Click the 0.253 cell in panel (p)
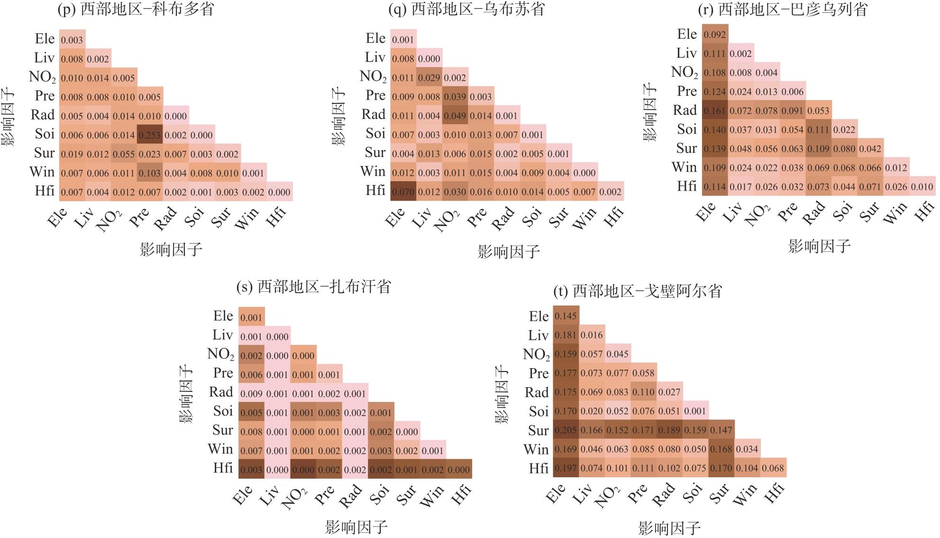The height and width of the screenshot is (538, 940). coord(150,135)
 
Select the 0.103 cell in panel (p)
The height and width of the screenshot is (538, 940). coord(150,173)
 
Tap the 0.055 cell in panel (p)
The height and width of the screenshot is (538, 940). coord(124,154)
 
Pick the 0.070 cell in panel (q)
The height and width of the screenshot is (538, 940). coord(403,192)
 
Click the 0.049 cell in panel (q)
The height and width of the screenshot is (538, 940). coord(455,116)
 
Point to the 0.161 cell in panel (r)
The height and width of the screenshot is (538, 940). coord(715,111)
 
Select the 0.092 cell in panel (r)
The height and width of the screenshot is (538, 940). coord(715,35)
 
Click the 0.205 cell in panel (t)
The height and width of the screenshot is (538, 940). coord(566,430)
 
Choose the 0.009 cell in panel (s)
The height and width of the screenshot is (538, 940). coord(251,394)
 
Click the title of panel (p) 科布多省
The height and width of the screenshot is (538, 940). coord(136,9)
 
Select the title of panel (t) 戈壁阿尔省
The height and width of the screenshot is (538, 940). coord(638,291)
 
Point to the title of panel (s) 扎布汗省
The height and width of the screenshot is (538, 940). coord(314,287)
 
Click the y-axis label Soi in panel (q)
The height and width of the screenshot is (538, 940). coord(375,134)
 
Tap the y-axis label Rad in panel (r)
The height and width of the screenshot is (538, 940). coord(684,111)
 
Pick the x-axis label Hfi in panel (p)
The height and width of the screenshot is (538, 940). coord(277,216)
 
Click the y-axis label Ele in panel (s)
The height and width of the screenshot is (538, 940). coord(223,316)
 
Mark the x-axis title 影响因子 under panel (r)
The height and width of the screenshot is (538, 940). coord(819,246)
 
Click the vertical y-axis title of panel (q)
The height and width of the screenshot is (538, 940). coord(338,115)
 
